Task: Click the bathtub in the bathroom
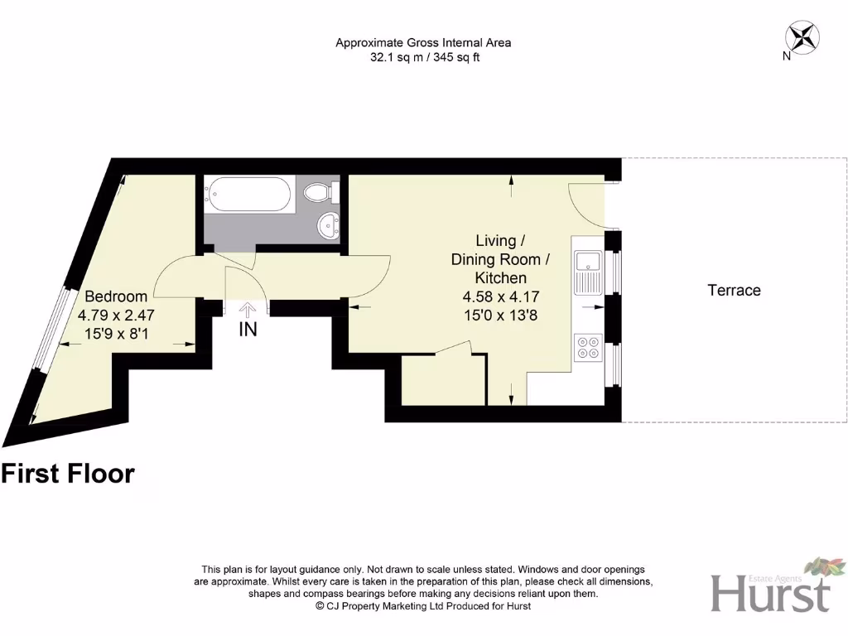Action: pyautogui.click(x=249, y=196)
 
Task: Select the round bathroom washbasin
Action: pyautogui.click(x=330, y=224)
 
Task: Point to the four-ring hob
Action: pyautogui.click(x=589, y=346)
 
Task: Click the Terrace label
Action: pyautogui.click(x=734, y=290)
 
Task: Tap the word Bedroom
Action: pyautogui.click(x=116, y=296)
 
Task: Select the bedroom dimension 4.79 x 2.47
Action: pyautogui.click(x=116, y=316)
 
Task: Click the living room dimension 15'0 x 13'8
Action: pyautogui.click(x=499, y=315)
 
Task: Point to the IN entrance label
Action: pyautogui.click(x=248, y=330)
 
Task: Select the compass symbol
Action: pyautogui.click(x=802, y=36)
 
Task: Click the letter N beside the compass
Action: pyautogui.click(x=785, y=57)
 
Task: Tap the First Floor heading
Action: pyautogui.click(x=68, y=474)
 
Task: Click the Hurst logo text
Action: pyautogui.click(x=770, y=594)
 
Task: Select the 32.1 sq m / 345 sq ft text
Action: pyautogui.click(x=425, y=58)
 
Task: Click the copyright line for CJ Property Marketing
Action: pyautogui.click(x=423, y=606)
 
